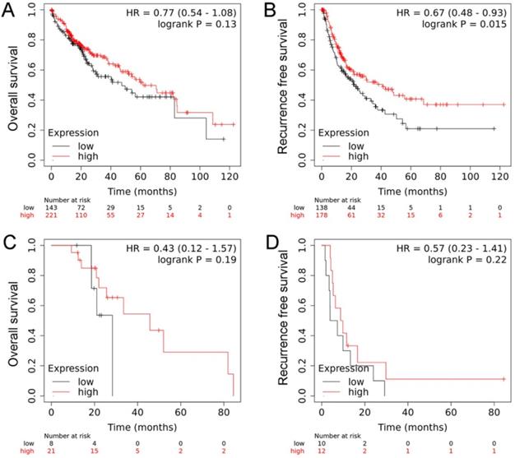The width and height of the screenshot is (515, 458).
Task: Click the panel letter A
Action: click(x=9, y=10)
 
